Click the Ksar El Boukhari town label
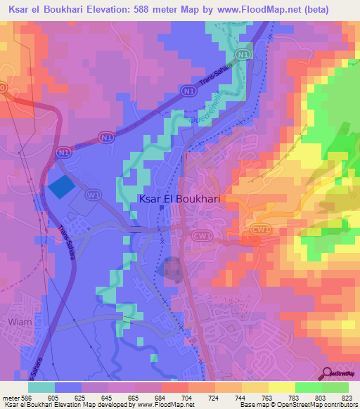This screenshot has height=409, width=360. point(179,199)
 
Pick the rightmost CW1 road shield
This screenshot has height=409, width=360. point(261,229)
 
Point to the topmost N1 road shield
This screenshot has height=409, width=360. point(243,53)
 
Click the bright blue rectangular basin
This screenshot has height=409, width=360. point(60,186)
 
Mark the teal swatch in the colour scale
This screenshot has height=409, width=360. point(41,387)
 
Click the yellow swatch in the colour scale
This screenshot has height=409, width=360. point(282,387)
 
